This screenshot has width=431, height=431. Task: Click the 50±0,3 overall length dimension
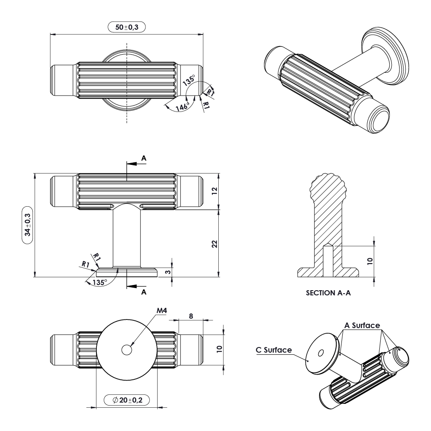click(x=127, y=27)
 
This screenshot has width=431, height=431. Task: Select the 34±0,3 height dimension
click(x=28, y=225)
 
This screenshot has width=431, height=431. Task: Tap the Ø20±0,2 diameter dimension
click(x=127, y=400)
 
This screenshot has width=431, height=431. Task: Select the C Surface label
click(x=274, y=350)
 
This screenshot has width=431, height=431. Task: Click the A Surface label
click(x=363, y=325)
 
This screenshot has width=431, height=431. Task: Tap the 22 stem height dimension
click(x=215, y=244)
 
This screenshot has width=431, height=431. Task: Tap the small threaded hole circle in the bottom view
click(x=127, y=350)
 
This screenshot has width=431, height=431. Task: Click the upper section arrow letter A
click(x=144, y=158)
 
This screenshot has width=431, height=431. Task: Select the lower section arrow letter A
click(x=144, y=292)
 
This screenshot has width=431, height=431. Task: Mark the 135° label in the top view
click(x=189, y=80)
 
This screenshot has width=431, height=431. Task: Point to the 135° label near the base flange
click(x=99, y=282)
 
